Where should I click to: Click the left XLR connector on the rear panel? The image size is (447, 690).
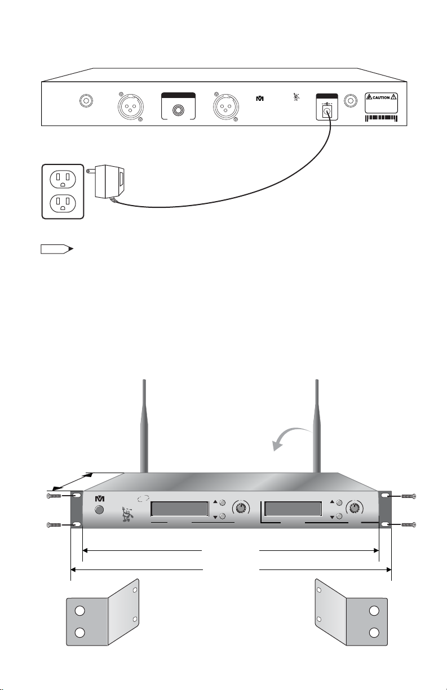[x=130, y=104]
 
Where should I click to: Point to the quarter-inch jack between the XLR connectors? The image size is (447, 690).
[x=178, y=108]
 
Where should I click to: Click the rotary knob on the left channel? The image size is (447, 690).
[x=241, y=508]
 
